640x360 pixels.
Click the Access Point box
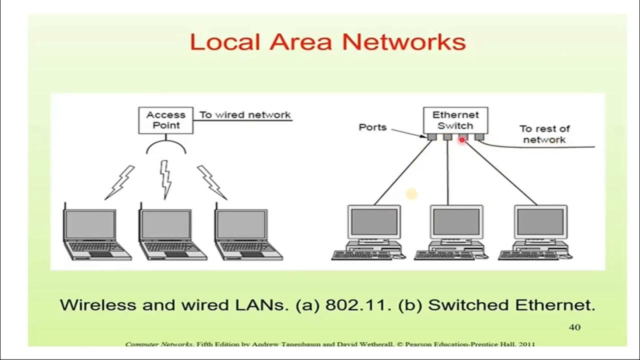[165, 120]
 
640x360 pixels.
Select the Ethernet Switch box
[455, 120]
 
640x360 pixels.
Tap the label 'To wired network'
[245, 114]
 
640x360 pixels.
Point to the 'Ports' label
[372, 127]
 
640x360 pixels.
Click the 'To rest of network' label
[544, 134]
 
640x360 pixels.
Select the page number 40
[574, 327]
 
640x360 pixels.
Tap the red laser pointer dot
[462, 140]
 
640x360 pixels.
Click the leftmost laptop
[95, 232]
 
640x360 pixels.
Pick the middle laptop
[170, 232]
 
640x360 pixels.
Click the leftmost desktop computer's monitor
[374, 222]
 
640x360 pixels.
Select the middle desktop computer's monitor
[456, 222]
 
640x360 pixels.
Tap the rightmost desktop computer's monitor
[540, 222]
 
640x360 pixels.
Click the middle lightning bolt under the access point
[165, 179]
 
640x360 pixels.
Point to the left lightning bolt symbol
[120, 182]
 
